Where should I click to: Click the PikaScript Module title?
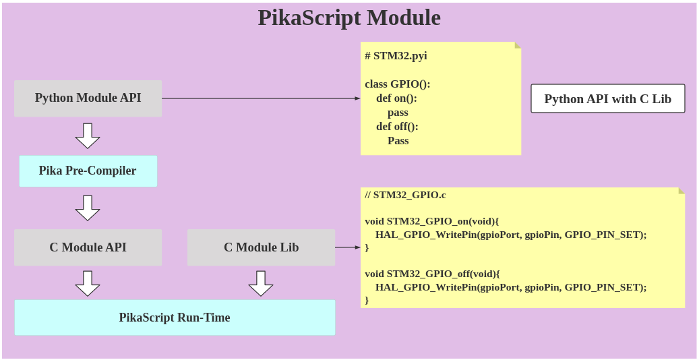(x=349, y=18)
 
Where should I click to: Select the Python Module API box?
(x=88, y=98)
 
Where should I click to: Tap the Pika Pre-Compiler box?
(x=88, y=171)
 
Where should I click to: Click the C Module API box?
(x=88, y=247)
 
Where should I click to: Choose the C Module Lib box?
(x=261, y=247)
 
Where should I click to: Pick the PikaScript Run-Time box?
(x=175, y=318)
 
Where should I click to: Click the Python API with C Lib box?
(x=607, y=98)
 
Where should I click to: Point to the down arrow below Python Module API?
(x=88, y=136)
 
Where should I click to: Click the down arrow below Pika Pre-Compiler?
(x=88, y=208)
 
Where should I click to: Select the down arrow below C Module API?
(x=88, y=283)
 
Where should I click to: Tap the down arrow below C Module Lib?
(x=261, y=283)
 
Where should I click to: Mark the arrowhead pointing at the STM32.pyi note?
(x=357, y=98)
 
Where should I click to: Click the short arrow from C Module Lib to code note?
(x=348, y=247)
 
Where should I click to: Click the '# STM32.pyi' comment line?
(x=396, y=56)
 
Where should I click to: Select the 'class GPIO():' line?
(x=397, y=84)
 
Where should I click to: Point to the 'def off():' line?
(x=397, y=127)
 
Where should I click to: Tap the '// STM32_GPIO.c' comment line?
(x=405, y=195)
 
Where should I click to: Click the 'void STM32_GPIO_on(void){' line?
(x=431, y=221)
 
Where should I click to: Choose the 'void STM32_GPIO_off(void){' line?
(x=432, y=274)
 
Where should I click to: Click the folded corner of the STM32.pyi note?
(x=518, y=45)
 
